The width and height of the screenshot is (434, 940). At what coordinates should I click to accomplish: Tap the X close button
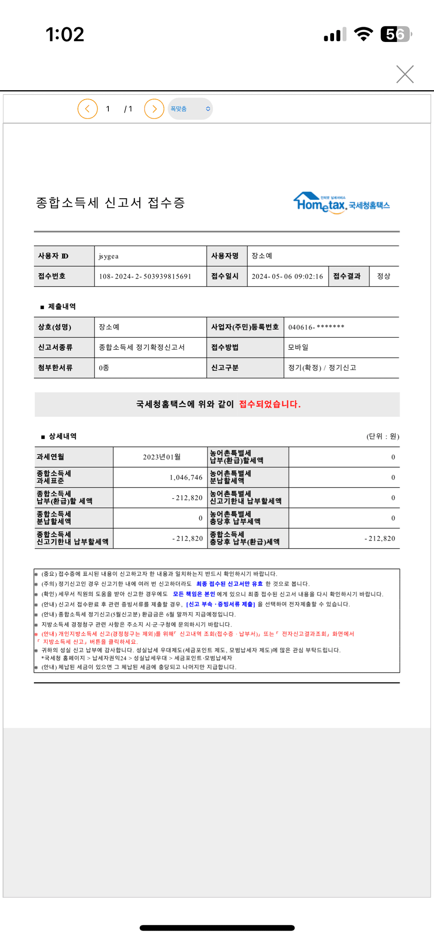[405, 74]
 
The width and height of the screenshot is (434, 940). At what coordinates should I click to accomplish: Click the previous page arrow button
[88, 109]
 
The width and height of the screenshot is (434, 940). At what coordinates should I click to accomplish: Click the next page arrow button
[154, 109]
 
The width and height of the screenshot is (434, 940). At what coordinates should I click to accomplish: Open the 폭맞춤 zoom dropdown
[190, 109]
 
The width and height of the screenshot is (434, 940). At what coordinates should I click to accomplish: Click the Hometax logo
[341, 203]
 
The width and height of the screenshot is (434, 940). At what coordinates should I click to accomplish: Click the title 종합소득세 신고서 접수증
[111, 203]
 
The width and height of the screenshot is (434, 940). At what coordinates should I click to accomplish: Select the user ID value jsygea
[109, 256]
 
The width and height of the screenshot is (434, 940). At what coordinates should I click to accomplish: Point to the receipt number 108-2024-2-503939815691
[145, 277]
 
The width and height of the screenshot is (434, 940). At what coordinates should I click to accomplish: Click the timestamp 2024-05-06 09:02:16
[287, 277]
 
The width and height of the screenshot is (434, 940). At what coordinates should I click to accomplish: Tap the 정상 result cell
[384, 276]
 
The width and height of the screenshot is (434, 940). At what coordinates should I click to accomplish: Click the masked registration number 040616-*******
[316, 327]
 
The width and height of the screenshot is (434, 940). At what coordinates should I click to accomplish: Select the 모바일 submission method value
[298, 347]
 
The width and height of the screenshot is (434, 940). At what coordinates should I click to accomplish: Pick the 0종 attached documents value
[104, 368]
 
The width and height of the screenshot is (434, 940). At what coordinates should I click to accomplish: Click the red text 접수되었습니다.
[270, 404]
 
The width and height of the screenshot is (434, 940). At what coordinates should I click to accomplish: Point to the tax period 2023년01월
[162, 457]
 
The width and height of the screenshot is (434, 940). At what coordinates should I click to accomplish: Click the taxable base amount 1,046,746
[186, 477]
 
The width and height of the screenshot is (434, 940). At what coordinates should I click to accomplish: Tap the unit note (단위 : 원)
[382, 436]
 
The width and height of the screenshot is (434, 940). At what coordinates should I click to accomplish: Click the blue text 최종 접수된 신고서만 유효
[229, 584]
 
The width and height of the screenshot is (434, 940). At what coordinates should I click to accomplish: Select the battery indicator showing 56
[396, 34]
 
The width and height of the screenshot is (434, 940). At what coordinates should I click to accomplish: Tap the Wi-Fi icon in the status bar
[363, 34]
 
